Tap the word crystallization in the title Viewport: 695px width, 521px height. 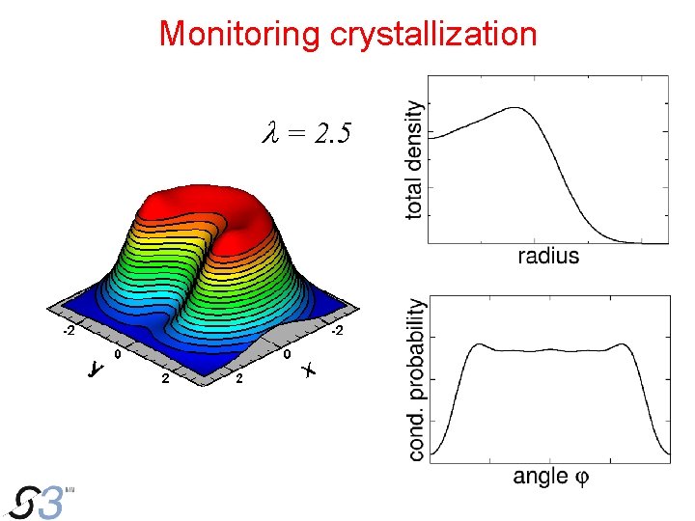433,35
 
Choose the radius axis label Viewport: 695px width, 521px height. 548,256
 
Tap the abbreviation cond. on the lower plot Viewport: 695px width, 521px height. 416,439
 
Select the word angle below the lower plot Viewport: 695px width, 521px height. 540,476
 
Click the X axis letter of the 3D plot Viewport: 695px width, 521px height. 308,370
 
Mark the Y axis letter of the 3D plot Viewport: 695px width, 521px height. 95,370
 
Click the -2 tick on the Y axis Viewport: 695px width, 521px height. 69,333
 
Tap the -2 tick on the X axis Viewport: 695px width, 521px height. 337,333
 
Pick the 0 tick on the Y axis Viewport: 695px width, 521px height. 117,355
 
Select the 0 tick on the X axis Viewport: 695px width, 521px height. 288,355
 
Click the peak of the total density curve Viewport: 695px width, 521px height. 515,108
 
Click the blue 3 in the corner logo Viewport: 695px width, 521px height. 54,503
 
